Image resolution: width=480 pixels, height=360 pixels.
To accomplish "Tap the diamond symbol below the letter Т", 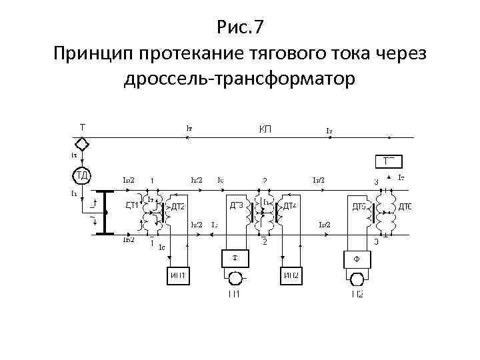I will pyautogui.click(x=81, y=144).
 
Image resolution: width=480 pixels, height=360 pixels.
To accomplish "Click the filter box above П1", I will pyautogui.click(x=235, y=258).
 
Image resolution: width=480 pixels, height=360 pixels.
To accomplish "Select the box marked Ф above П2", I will pyautogui.click(x=357, y=259).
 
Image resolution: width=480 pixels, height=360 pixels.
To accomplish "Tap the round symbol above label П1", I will pyautogui.click(x=235, y=278).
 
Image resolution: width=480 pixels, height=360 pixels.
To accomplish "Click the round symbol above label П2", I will pyautogui.click(x=357, y=278).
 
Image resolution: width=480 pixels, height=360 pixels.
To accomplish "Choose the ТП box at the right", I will pyautogui.click(x=390, y=161).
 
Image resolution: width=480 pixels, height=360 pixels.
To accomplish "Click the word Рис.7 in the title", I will pyautogui.click(x=241, y=27).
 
